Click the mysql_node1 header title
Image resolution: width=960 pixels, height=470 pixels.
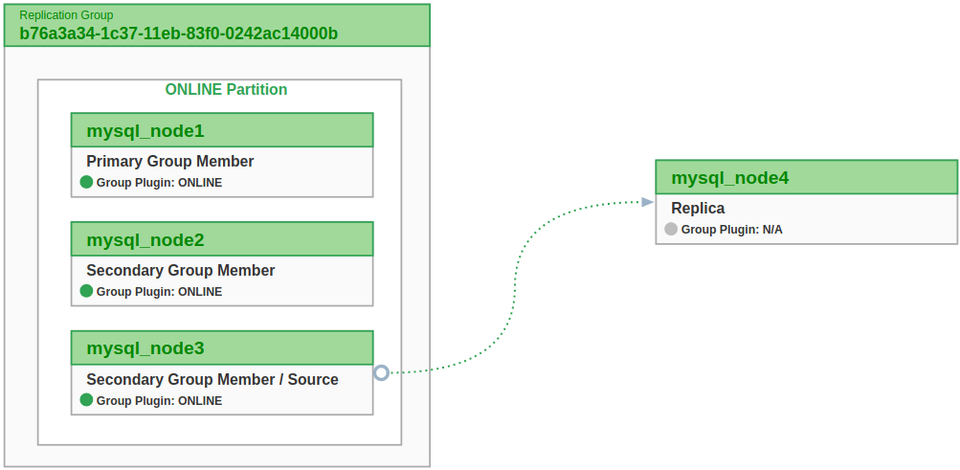click(x=145, y=130)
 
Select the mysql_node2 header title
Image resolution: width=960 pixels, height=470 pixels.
click(x=145, y=239)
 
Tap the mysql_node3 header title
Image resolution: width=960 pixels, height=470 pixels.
click(x=145, y=347)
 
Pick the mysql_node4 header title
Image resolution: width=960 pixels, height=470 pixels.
click(x=729, y=177)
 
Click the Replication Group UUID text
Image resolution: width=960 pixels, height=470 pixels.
click(x=178, y=34)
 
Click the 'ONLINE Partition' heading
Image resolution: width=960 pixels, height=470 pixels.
click(x=226, y=89)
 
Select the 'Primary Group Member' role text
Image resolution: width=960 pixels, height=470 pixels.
click(x=169, y=162)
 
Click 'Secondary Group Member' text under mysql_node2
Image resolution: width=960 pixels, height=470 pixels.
click(x=180, y=271)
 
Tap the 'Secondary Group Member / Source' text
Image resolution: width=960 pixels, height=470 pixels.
click(x=212, y=380)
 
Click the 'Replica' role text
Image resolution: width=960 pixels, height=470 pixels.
click(x=698, y=209)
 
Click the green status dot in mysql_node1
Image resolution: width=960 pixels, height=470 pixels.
click(x=86, y=182)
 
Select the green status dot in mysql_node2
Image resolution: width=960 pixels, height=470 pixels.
click(x=86, y=291)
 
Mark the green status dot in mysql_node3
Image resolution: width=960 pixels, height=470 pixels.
click(x=86, y=400)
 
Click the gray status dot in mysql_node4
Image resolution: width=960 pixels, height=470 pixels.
click(x=671, y=229)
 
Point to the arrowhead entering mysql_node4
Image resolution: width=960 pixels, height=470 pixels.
click(x=648, y=201)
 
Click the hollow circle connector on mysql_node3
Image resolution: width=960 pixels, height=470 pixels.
click(x=381, y=372)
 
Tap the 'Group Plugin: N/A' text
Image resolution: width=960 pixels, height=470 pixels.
click(x=731, y=230)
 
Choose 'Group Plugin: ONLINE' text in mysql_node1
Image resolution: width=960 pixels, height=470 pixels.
click(x=159, y=183)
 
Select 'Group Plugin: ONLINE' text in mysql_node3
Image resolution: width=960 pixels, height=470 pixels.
click(x=159, y=401)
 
